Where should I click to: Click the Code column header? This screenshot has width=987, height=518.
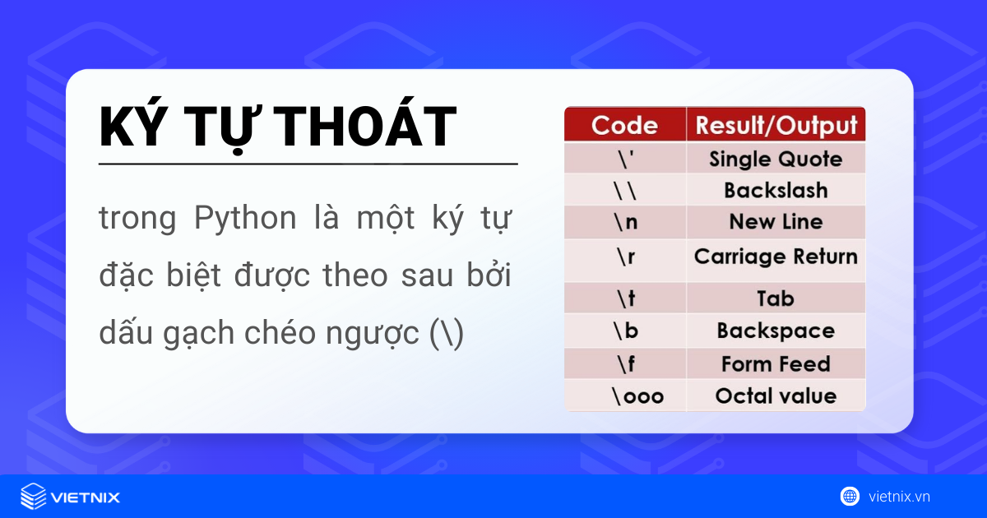(x=624, y=125)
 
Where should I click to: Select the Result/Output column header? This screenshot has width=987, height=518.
(x=776, y=125)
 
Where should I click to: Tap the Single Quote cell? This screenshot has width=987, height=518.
(x=776, y=159)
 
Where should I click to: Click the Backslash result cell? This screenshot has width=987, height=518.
(x=776, y=190)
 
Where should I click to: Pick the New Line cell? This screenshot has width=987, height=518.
(x=776, y=222)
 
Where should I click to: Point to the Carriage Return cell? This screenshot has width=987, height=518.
(x=776, y=257)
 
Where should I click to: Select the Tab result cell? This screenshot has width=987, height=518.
(x=776, y=298)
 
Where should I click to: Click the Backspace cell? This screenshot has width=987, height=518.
(x=776, y=331)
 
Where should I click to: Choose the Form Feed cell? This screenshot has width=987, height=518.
(x=776, y=363)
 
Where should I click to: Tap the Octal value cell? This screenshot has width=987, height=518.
(x=776, y=395)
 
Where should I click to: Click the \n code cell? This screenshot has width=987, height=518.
(x=625, y=222)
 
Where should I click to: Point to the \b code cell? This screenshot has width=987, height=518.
(x=625, y=331)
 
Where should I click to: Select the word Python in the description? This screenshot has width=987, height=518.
(x=245, y=220)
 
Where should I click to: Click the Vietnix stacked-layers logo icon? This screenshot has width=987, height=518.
(x=33, y=497)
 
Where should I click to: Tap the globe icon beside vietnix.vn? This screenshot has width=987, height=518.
(x=850, y=496)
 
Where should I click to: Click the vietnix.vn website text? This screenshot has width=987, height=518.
(x=899, y=497)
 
